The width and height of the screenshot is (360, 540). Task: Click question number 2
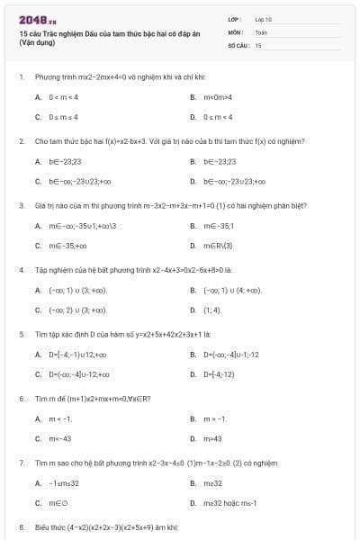click(x=21, y=141)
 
